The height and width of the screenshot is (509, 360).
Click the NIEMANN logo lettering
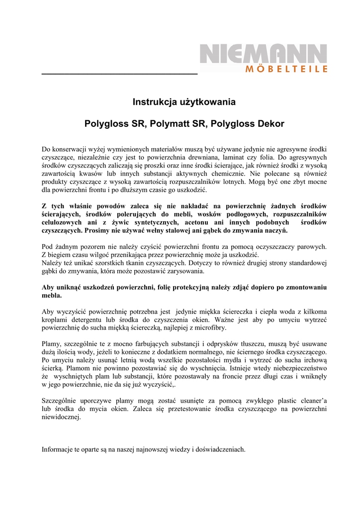pyautogui.click(x=264, y=53)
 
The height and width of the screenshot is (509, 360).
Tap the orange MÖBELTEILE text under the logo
pyautogui.click(x=286, y=69)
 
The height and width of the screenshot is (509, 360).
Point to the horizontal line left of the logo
pyautogui.click(x=119, y=73)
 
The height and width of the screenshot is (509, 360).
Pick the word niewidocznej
pyautogui.click(x=60, y=418)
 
